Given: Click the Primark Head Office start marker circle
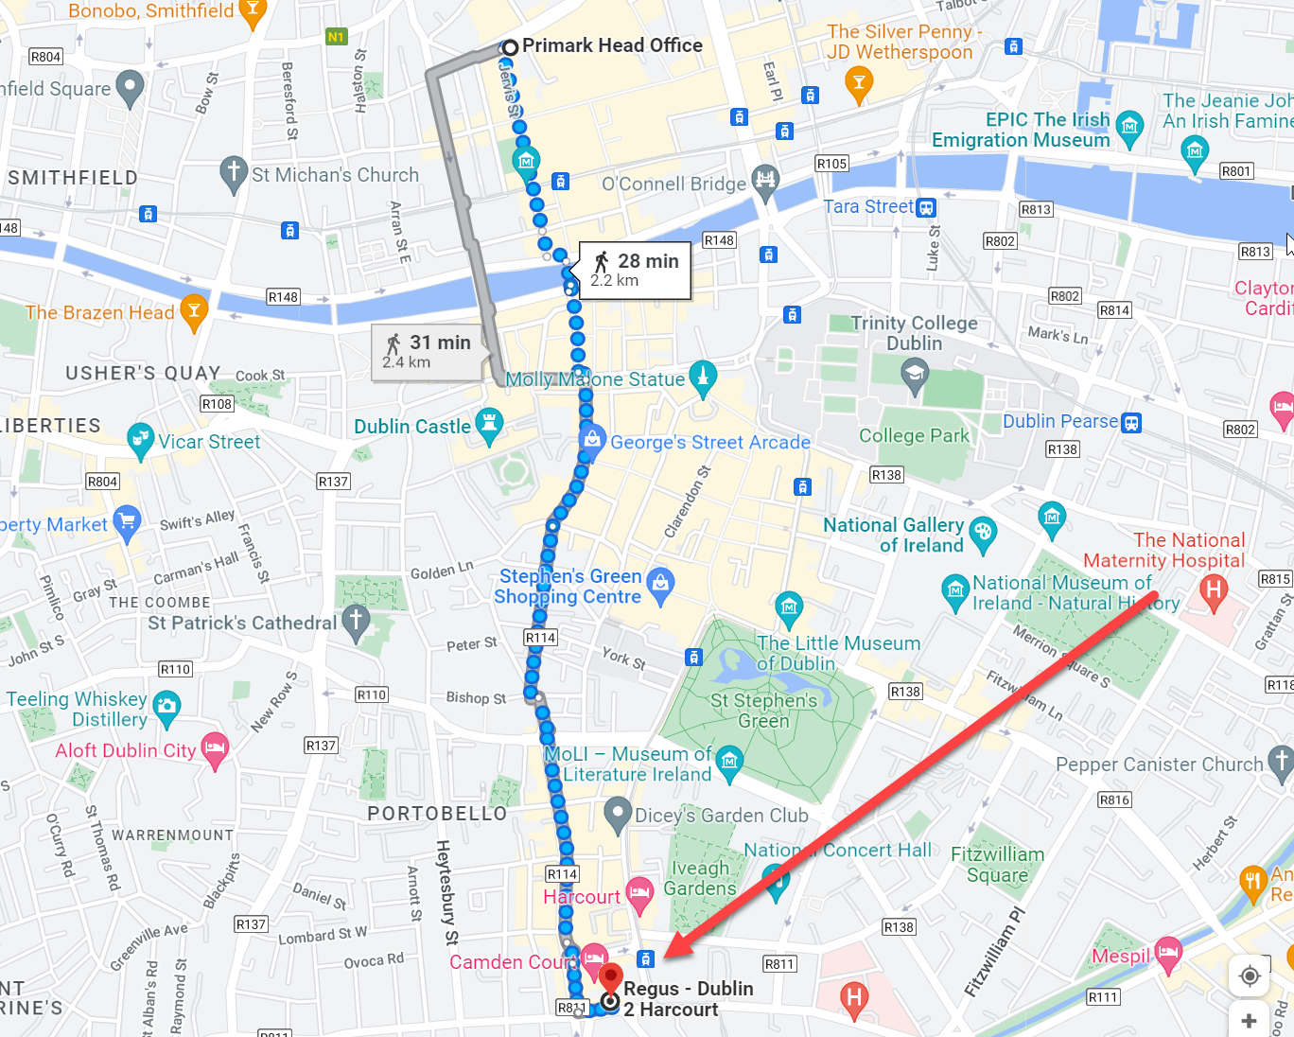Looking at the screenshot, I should [510, 46].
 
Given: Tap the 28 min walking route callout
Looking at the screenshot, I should [636, 270].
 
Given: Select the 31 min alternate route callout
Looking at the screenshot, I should [428, 351].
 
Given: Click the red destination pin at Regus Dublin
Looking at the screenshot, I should [611, 976].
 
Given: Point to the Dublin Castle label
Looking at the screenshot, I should [411, 427].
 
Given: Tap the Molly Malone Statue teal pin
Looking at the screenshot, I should [702, 377].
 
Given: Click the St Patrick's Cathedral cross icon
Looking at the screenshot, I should [356, 622].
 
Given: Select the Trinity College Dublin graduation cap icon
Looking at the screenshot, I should [914, 377].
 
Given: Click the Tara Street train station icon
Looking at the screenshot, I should [926, 207].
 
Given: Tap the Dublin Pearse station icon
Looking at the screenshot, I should [1130, 423].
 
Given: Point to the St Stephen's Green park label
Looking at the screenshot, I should [763, 711].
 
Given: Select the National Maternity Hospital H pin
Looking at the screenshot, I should [1213, 591].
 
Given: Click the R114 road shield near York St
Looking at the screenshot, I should [540, 638].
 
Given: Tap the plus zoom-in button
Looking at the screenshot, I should [1249, 1020].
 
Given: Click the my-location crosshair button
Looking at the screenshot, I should [1249, 975].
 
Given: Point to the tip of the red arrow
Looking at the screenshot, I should [668, 957].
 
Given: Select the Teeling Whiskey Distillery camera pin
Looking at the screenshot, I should [166, 706].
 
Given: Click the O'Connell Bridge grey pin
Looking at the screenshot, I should [764, 180].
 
